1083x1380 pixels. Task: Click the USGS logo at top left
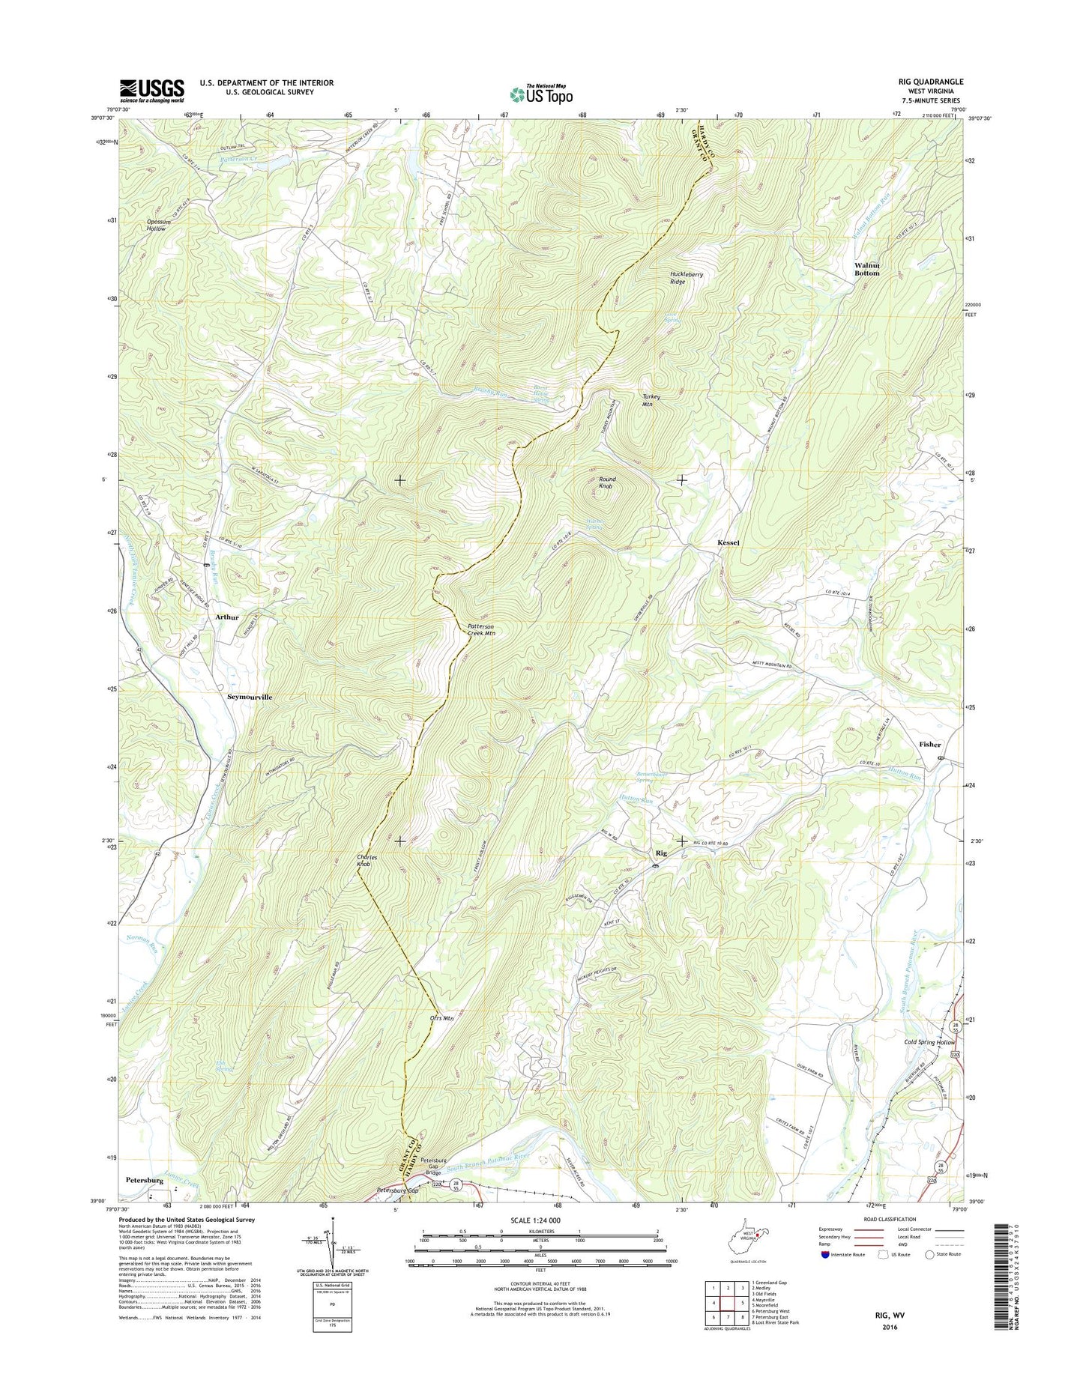151,91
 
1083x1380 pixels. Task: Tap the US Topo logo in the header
541,94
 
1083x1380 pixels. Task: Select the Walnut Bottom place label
866,269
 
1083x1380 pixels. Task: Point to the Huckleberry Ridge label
687,278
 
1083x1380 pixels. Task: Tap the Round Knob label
606,482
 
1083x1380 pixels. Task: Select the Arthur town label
226,617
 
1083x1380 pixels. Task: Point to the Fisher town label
929,744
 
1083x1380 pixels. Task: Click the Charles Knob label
363,860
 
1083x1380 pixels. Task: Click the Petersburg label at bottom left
144,1180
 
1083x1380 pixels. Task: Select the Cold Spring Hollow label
929,1042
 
